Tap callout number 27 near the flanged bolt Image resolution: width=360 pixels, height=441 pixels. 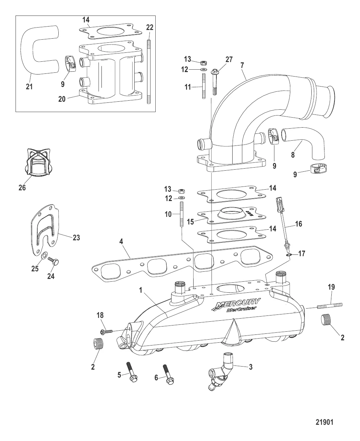[x=229, y=60]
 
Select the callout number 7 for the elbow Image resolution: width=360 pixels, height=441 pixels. [x=242, y=64]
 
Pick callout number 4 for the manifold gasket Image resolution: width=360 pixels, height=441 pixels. [x=121, y=242]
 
